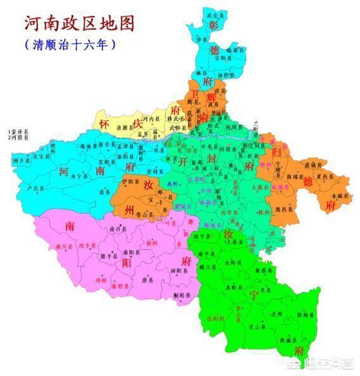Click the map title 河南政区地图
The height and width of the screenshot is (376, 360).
point(79,23)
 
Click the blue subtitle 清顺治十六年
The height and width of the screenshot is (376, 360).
point(70,46)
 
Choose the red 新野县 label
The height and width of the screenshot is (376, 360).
point(122,287)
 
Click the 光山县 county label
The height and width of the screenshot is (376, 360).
point(256,327)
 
